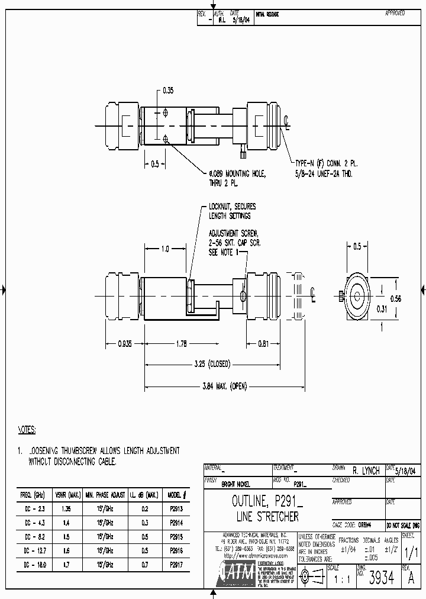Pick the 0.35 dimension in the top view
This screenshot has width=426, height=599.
[x=167, y=91]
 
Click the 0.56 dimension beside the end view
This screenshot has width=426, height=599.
[x=395, y=299]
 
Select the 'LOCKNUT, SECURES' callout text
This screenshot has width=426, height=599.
[x=232, y=207]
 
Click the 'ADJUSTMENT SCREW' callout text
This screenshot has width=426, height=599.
[x=234, y=234]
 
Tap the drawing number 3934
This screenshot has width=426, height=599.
[x=381, y=578]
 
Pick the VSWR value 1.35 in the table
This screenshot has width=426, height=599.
[x=67, y=508]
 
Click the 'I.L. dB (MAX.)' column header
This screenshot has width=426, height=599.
[x=144, y=495]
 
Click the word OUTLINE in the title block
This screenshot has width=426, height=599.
[x=247, y=504]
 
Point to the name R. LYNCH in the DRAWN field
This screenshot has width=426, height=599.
[x=366, y=471]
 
